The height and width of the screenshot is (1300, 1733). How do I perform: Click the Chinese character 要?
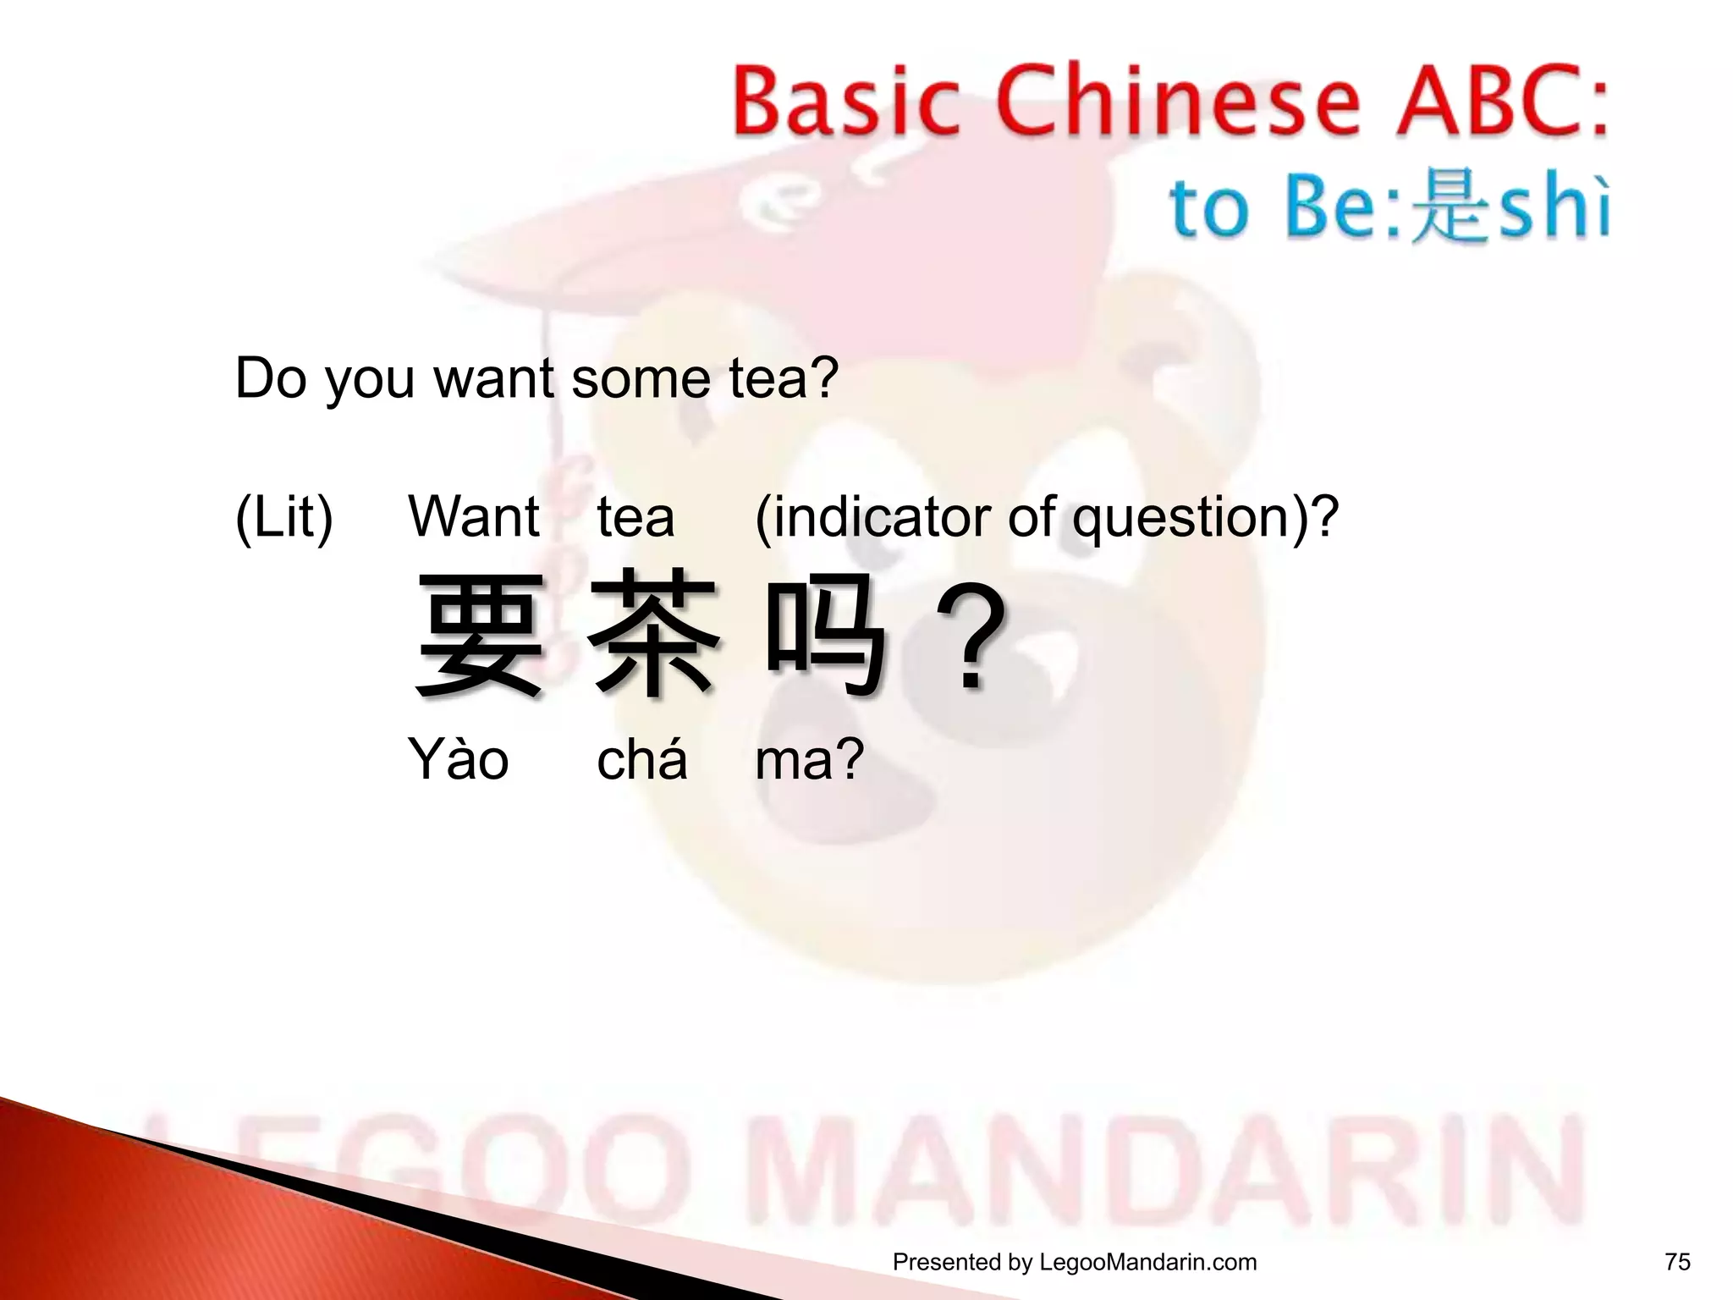click(x=480, y=635)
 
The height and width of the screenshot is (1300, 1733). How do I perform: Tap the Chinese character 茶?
click(x=655, y=635)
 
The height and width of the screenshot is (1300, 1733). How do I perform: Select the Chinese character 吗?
click(x=825, y=635)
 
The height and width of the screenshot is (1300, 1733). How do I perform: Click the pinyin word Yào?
click(x=458, y=759)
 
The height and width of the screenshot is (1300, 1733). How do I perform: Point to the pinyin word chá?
click(x=641, y=759)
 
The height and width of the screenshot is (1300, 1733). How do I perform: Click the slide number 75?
click(x=1677, y=1262)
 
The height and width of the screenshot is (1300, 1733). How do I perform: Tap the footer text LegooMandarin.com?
click(x=1147, y=1262)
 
